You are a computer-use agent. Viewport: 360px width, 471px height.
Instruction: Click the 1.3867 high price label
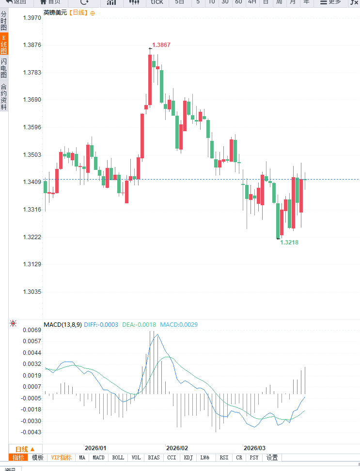161,45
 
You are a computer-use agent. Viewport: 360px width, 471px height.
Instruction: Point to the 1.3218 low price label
289,242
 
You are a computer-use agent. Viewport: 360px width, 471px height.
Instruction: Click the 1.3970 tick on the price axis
32,18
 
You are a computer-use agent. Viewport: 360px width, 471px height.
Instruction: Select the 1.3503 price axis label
32,155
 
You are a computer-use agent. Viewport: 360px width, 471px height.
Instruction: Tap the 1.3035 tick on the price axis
32,292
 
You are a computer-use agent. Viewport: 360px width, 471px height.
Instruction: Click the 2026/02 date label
177,448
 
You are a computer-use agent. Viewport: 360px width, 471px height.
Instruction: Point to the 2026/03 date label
254,448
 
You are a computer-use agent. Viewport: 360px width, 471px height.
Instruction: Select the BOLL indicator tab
118,457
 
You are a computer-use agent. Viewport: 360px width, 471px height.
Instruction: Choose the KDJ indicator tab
188,457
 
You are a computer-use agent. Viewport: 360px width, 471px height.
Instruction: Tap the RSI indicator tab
224,457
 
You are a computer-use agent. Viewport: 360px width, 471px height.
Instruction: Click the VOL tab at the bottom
136,457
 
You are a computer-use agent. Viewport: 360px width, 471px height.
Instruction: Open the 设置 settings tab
272,457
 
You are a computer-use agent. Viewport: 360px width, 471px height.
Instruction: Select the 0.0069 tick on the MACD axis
32,330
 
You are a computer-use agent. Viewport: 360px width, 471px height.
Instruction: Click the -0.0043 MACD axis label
31,432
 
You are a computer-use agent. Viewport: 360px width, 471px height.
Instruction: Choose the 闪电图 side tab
4,68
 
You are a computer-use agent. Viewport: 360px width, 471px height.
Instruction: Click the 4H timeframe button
252,2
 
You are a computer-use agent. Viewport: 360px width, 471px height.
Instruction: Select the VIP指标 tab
61,457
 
